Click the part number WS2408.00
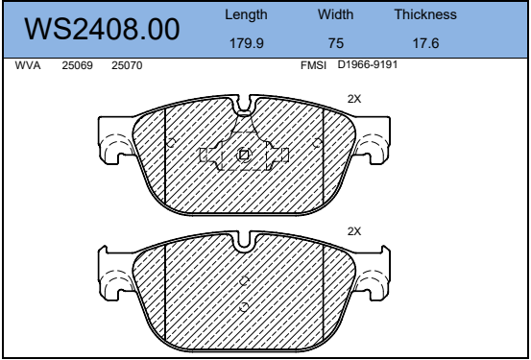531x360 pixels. [x=102, y=29]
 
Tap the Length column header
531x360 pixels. [x=246, y=15]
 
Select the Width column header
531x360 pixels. [x=335, y=14]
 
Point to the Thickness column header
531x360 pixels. [x=425, y=14]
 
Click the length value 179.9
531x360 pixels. [x=247, y=43]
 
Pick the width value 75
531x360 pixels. [x=336, y=43]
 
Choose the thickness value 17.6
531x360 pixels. [x=425, y=43]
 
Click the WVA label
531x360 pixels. [x=28, y=65]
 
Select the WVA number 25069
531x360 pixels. [x=77, y=65]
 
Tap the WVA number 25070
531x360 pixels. [x=127, y=65]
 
